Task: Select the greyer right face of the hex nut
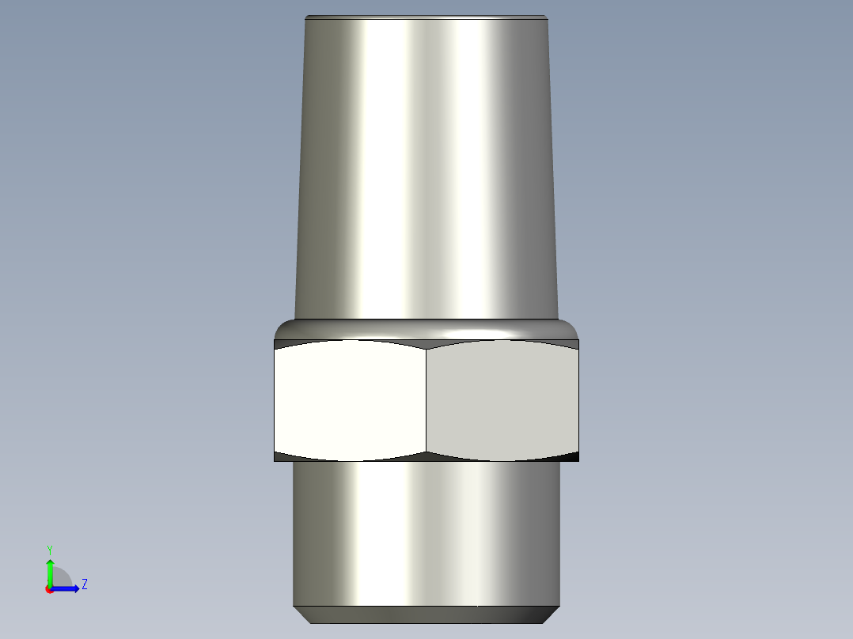point(502,401)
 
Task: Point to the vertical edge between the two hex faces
point(426,401)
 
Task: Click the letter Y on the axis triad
point(49,549)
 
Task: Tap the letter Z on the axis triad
point(84,584)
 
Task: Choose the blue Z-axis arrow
point(67,588)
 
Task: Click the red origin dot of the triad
point(49,589)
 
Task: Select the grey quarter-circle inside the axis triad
point(62,578)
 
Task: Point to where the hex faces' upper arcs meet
point(426,346)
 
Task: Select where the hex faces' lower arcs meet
point(426,454)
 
